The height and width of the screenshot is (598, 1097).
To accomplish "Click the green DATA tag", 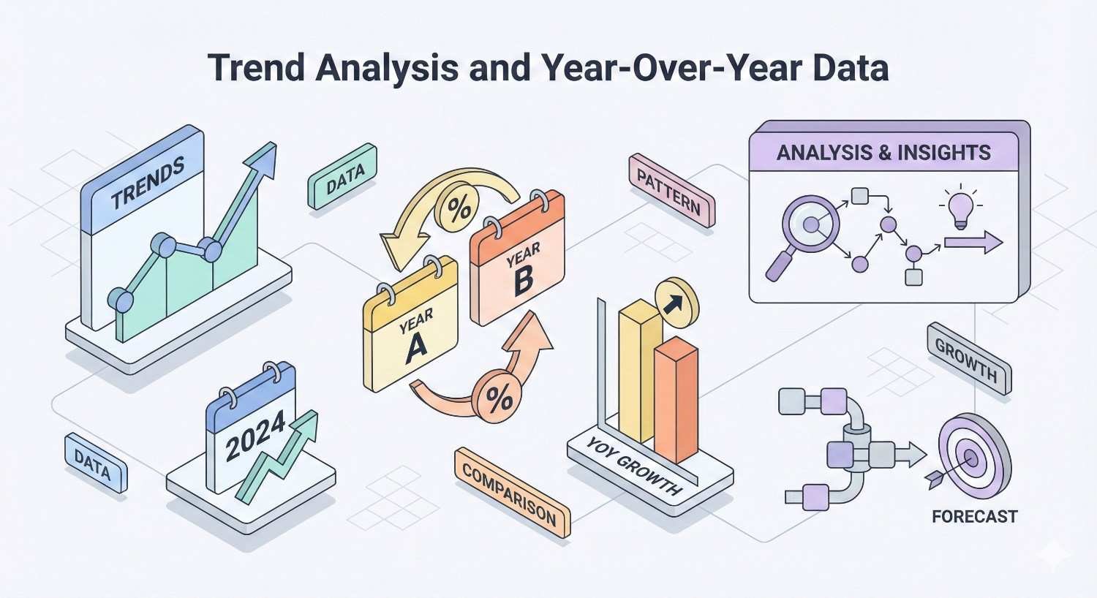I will click(x=342, y=177).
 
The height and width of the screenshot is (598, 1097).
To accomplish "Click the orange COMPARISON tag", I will click(x=511, y=493).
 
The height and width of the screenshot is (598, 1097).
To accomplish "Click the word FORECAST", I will click(x=974, y=517).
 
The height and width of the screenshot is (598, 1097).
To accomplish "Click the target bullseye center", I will click(x=971, y=458).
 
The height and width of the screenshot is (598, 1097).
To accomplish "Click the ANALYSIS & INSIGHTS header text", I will click(x=883, y=153).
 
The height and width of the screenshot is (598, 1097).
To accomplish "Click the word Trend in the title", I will click(x=255, y=68).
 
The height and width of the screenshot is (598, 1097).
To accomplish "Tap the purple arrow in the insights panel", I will click(x=973, y=243).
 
